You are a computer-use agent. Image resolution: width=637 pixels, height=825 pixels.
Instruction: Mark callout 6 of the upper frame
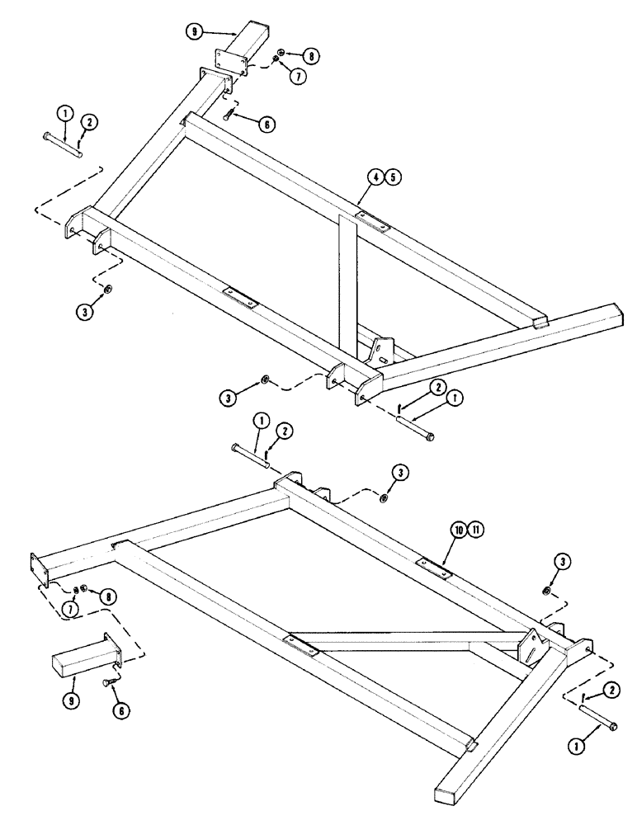tap(267, 124)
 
